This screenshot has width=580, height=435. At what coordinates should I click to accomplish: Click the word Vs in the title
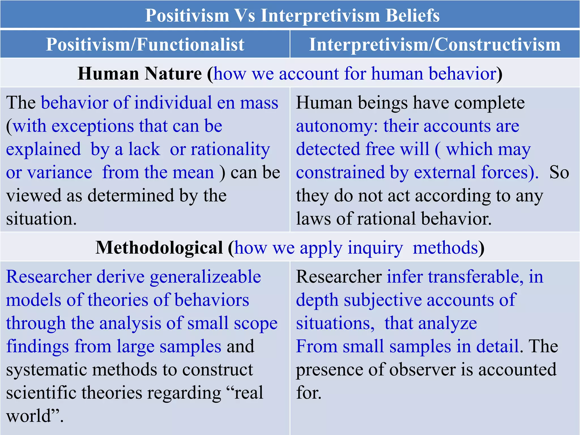245,15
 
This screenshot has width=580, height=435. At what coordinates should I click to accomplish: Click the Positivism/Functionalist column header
145,44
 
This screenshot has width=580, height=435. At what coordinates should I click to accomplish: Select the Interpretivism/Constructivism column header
435,44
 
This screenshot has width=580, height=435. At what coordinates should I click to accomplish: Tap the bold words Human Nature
140,74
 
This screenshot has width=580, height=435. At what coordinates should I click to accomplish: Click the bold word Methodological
159,248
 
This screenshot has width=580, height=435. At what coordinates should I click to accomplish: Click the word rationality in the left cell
230,149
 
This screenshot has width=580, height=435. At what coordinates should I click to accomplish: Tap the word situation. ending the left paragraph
41,219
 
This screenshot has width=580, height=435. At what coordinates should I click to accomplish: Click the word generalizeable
205,277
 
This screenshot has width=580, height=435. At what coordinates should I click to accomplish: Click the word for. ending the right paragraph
309,393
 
